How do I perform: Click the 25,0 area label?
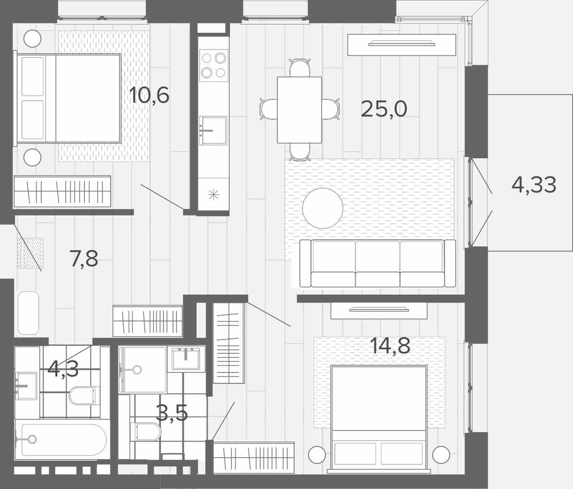click(384, 109)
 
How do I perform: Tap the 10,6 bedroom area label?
click(149, 95)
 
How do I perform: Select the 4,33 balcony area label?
click(534, 185)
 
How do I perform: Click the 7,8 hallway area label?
click(84, 258)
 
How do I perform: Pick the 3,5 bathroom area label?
click(172, 413)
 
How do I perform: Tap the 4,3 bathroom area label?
click(63, 369)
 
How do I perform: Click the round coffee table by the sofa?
click(323, 208)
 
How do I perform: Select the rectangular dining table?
click(299, 110)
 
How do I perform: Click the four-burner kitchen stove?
click(214, 66)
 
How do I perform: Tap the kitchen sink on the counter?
click(213, 130)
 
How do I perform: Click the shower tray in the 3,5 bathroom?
click(143, 370)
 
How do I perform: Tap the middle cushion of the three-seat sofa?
click(377, 263)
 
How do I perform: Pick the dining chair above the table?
click(299, 68)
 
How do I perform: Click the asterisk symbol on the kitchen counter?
click(214, 195)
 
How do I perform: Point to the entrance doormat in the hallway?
click(30, 253)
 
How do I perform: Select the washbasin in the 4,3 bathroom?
click(26, 386)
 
